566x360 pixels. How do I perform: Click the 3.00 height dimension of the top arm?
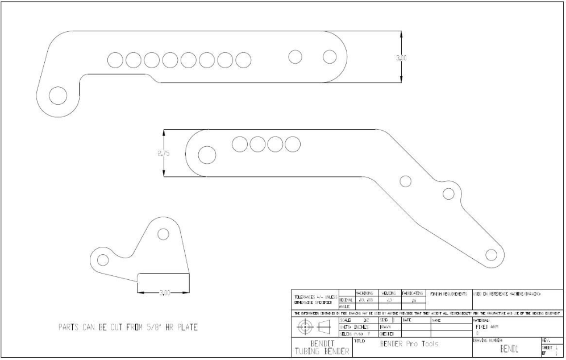(401, 57)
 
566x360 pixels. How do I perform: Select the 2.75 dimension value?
(164, 154)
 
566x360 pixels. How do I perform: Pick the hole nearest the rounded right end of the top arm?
(330, 56)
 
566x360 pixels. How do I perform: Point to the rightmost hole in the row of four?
(293, 144)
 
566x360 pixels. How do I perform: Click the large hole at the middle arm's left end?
(206, 155)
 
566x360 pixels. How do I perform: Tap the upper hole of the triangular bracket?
(163, 234)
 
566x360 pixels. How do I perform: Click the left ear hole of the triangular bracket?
(103, 259)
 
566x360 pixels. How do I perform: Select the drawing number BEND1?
(509, 349)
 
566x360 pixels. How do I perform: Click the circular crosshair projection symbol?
(306, 327)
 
